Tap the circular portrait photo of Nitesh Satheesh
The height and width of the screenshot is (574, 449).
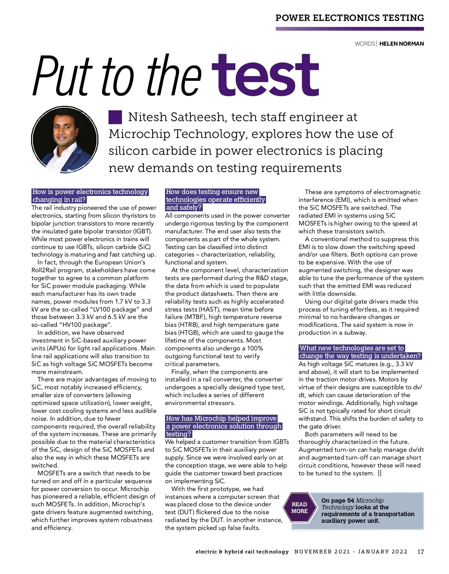tap(64, 140)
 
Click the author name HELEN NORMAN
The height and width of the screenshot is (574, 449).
tap(401, 44)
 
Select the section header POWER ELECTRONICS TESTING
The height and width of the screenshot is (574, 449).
tap(349, 18)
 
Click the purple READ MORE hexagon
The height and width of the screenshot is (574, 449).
tap(299, 508)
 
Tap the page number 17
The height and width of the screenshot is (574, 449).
tap(421, 552)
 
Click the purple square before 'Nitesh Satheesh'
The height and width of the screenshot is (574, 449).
tap(115, 117)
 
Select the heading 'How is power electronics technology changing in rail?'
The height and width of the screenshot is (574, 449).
tap(90, 196)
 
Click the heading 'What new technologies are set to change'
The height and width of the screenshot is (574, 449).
tap(360, 352)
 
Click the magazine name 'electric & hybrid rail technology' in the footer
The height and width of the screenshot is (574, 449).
tap(242, 552)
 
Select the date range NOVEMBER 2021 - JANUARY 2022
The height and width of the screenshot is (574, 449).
tap(351, 552)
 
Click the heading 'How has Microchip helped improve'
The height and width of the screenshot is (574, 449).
tap(223, 426)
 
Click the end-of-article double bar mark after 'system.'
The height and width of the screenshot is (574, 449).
tap(380, 473)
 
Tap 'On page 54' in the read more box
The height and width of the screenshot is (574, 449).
tap(337, 500)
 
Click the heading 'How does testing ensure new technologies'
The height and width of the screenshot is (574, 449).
tap(216, 199)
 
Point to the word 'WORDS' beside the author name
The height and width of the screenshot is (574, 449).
tap(365, 44)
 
